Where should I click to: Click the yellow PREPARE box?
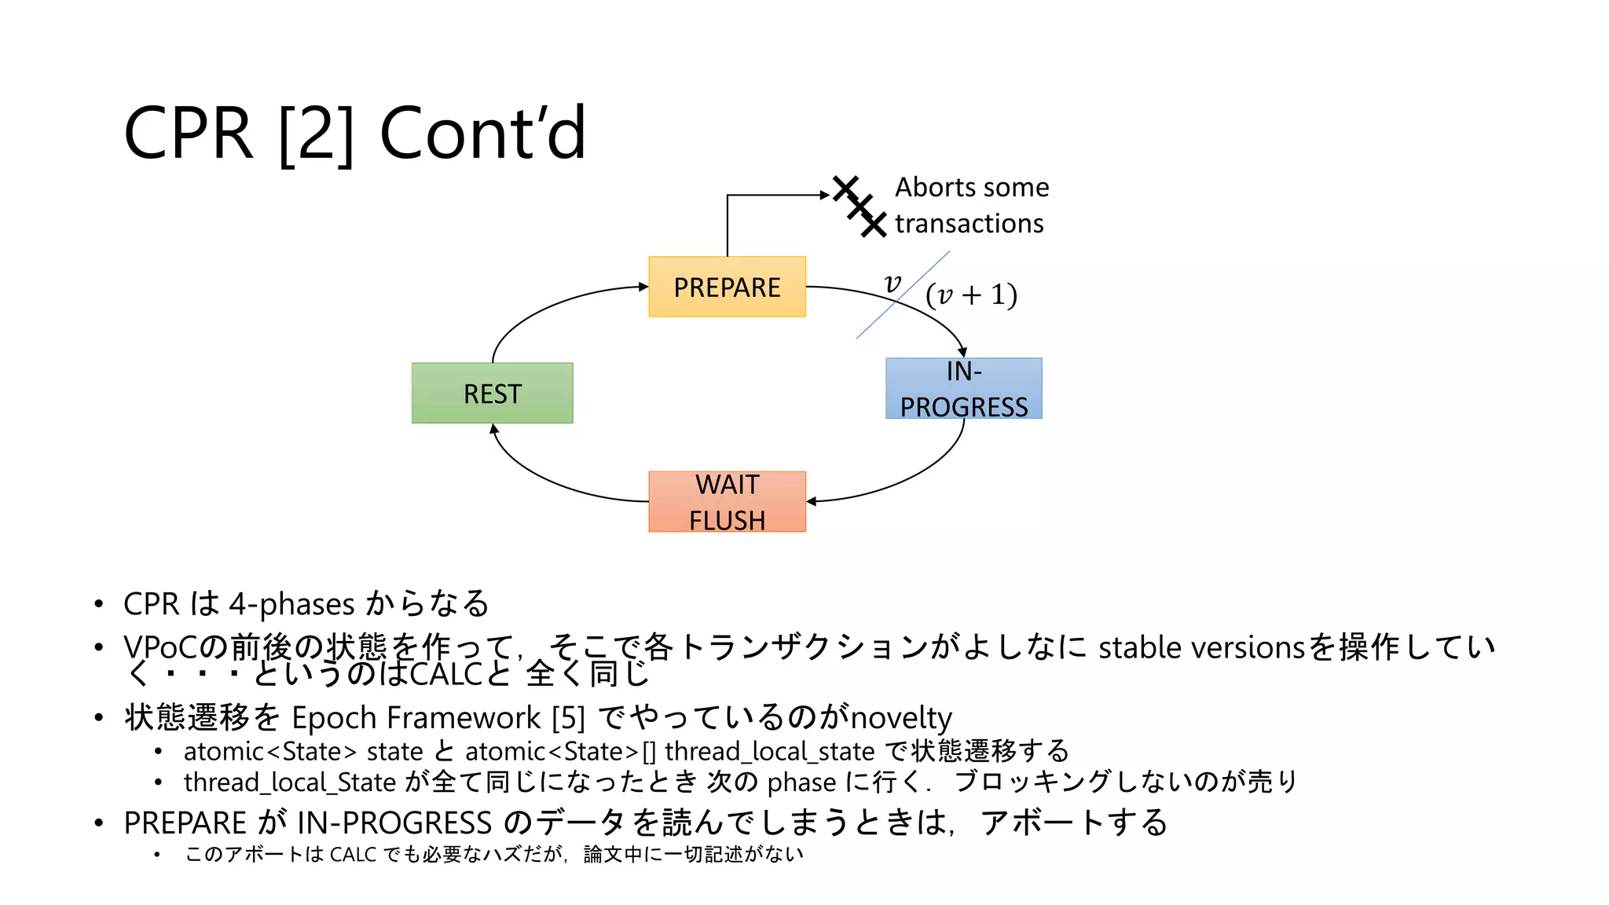pos(727,287)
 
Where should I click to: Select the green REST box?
pos(492,393)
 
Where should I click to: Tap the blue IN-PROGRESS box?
pos(963,388)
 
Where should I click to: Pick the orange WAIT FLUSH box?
pos(727,501)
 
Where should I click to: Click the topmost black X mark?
pos(845,188)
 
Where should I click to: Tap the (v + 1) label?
pos(971,295)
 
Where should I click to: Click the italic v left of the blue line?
pos(892,283)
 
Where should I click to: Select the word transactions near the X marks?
pos(969,224)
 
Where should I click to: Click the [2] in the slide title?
pos(316,134)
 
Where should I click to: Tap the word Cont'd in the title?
pos(482,134)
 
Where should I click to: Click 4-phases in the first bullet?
pos(292,604)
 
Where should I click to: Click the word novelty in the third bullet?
pos(901,718)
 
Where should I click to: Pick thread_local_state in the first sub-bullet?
pos(769,752)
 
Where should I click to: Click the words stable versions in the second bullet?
pos(1201,648)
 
